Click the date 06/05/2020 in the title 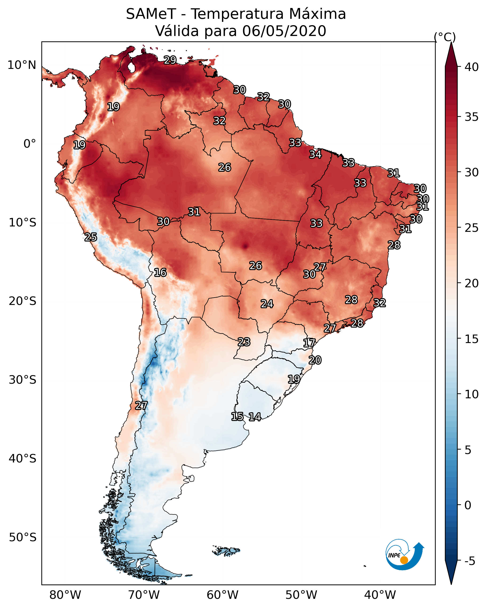pyautogui.click(x=284, y=31)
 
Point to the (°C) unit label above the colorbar pyautogui.click(x=445, y=37)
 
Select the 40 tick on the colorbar pyautogui.click(x=471, y=67)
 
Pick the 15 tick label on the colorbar pyautogui.click(x=471, y=339)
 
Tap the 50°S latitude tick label pyautogui.click(x=23, y=537)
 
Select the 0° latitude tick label pyautogui.click(x=30, y=144)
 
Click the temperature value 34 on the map pyautogui.click(x=315, y=154)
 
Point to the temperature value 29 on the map pyautogui.click(x=170, y=60)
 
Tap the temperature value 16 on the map pyautogui.click(x=160, y=272)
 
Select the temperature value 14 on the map pyautogui.click(x=255, y=417)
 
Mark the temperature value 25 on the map pyautogui.click(x=91, y=237)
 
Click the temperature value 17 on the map pyautogui.click(x=309, y=343)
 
